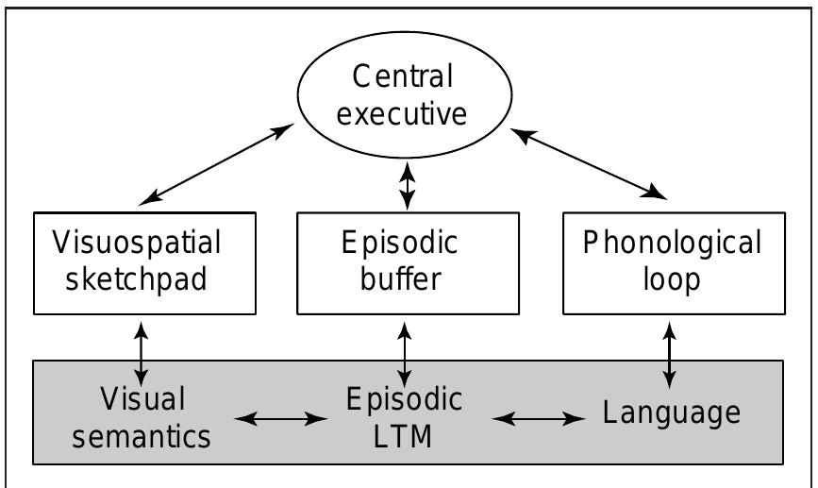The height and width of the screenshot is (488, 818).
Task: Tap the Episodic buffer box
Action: click(x=408, y=262)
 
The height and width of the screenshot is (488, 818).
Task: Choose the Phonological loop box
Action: click(x=672, y=262)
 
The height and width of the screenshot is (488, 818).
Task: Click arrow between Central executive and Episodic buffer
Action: click(x=408, y=185)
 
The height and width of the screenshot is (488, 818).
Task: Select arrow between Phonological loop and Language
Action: click(x=671, y=352)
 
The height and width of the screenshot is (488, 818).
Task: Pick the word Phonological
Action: click(x=672, y=244)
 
